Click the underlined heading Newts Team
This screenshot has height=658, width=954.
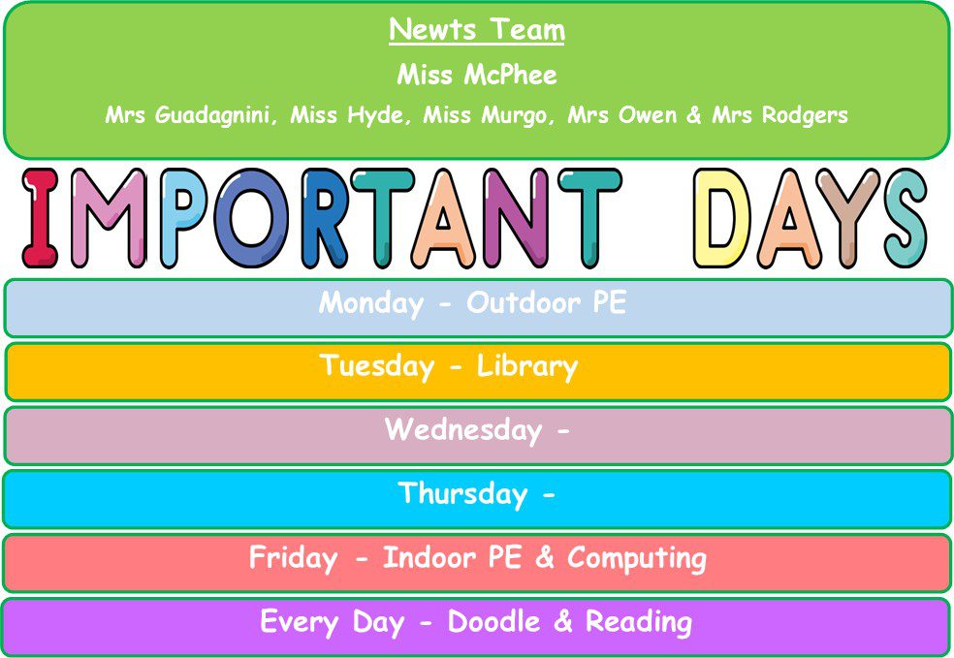point(477,29)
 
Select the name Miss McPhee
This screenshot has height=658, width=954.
point(477,75)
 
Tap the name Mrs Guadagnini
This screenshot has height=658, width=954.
point(190,115)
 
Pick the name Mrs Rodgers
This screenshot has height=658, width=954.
point(780,115)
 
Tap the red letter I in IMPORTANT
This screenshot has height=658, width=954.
point(40,218)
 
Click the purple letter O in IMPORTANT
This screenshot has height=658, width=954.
point(252,218)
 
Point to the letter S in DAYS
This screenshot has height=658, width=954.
point(906,218)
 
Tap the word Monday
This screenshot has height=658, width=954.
point(371,303)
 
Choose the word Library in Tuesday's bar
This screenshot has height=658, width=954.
point(526,366)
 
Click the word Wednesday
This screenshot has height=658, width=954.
point(463,430)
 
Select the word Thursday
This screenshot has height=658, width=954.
point(462,494)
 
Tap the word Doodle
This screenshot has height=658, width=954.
point(494,621)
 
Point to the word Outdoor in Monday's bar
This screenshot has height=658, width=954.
point(524,303)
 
